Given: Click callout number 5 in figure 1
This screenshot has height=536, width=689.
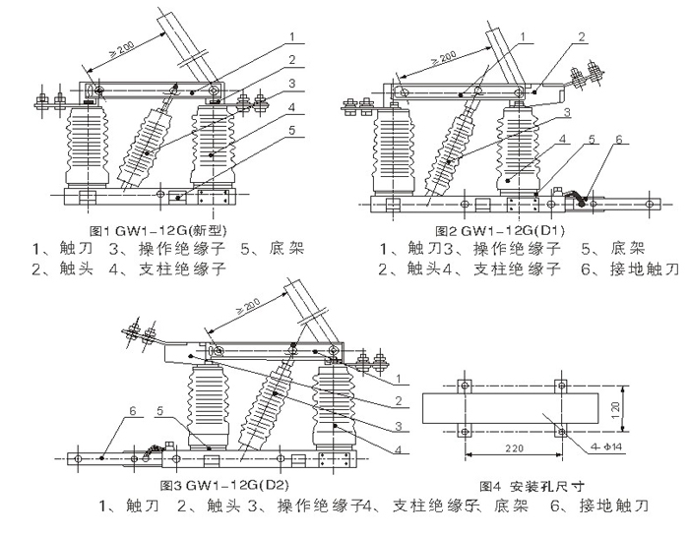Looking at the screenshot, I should (x=290, y=130).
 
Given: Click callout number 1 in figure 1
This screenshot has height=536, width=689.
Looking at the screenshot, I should (x=292, y=37).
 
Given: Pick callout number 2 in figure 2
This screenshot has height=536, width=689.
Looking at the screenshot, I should (x=582, y=37).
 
